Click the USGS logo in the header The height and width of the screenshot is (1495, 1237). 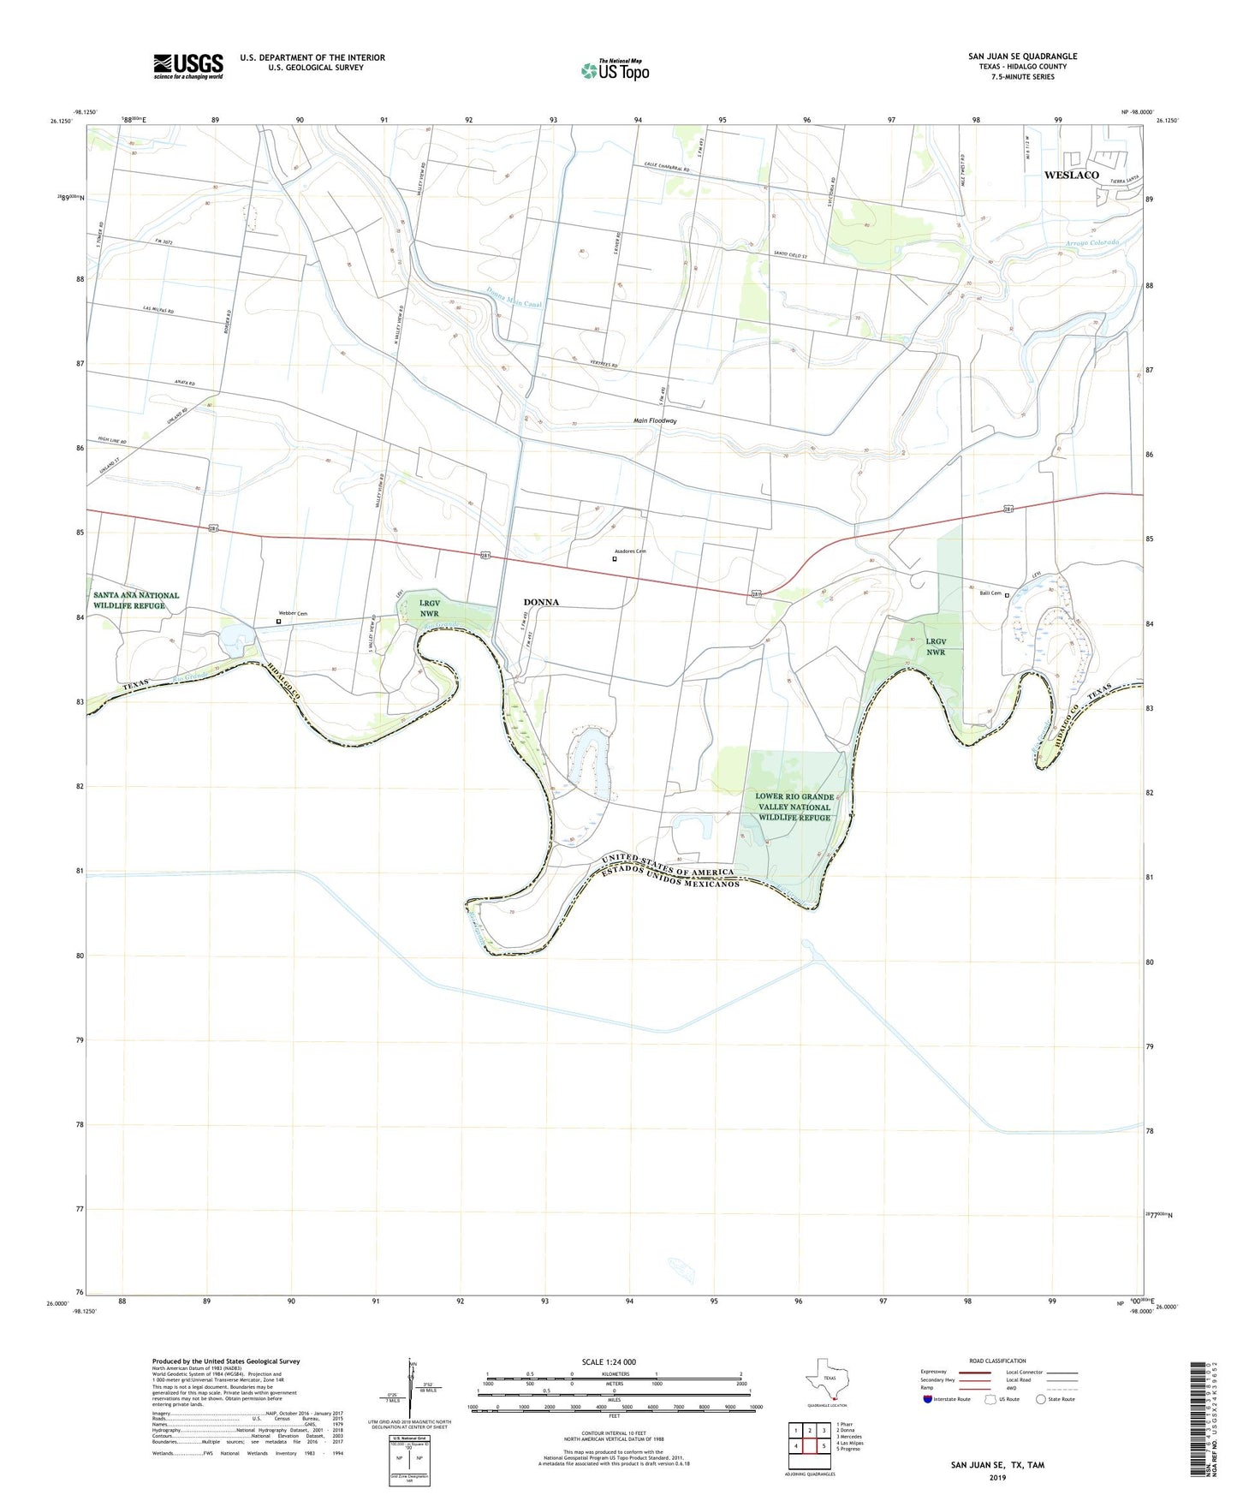point(188,66)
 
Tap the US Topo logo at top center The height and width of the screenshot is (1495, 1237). point(615,70)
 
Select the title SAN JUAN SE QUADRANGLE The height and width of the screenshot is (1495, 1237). point(1022,57)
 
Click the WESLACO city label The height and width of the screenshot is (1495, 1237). point(1071,175)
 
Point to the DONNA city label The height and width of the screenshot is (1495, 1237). point(541,602)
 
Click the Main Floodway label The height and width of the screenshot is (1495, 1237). point(655,421)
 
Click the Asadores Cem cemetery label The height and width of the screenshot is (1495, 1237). point(630,551)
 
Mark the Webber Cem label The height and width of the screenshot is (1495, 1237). point(293,613)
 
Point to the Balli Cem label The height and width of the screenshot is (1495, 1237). point(990,593)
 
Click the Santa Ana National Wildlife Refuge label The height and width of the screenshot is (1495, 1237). point(137,600)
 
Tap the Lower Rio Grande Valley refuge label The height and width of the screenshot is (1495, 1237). point(794,807)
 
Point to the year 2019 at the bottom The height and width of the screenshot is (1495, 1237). point(997,1478)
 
